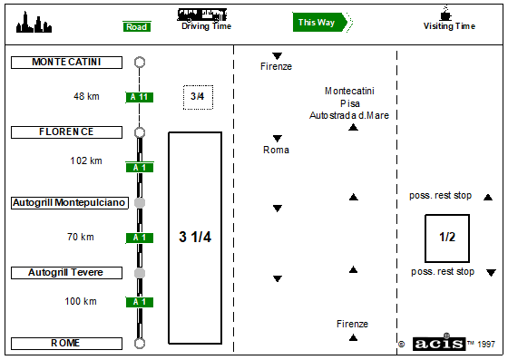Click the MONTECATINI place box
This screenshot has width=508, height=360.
[66, 63]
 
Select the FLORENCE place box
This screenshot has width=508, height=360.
[66, 132]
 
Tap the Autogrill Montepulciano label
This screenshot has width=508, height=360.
[70, 203]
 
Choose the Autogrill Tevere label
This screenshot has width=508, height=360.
[66, 273]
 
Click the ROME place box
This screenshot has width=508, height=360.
[66, 344]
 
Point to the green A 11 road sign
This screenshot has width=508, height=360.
[140, 97]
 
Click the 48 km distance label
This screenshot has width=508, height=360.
[86, 96]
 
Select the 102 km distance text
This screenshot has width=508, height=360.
[86, 161]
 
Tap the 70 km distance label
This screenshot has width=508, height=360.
[81, 237]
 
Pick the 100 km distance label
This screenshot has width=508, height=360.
[81, 301]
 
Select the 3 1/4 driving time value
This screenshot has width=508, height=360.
[195, 237]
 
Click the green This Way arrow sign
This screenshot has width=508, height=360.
[320, 23]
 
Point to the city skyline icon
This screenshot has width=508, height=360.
[34, 23]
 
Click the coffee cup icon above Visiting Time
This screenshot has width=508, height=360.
[445, 14]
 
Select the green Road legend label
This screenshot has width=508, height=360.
[137, 26]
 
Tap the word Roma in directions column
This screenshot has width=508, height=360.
[276, 150]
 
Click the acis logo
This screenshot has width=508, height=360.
[439, 344]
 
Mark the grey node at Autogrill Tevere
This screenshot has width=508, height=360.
[140, 273]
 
